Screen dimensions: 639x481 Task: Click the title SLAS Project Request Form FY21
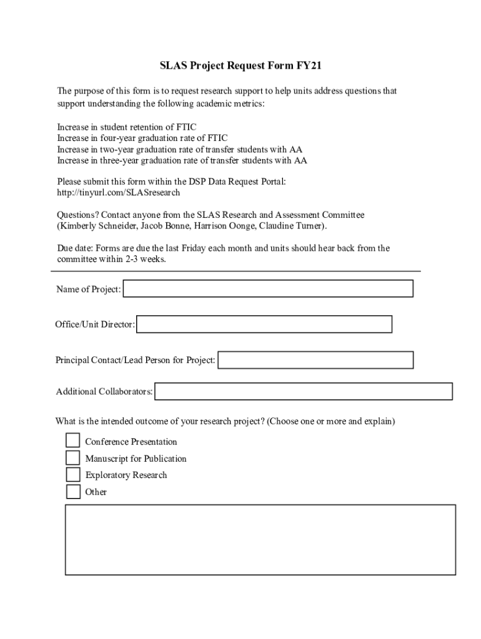click(240, 66)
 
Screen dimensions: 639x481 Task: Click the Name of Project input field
click(268, 289)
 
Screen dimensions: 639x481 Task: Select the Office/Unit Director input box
click(264, 324)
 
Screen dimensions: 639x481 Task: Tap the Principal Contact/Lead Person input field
click(315, 360)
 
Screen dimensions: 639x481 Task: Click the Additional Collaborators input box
click(304, 391)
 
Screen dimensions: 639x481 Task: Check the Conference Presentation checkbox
click(74, 441)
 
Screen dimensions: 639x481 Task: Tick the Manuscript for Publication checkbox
click(74, 458)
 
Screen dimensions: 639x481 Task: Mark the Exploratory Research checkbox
click(74, 475)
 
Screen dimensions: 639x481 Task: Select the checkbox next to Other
click(74, 492)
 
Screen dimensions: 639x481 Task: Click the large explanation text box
click(260, 539)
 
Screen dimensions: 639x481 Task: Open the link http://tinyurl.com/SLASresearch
click(119, 193)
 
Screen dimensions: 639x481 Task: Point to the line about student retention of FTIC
click(127, 127)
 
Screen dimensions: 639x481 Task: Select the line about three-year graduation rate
click(182, 160)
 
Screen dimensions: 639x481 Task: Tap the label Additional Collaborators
click(104, 392)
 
